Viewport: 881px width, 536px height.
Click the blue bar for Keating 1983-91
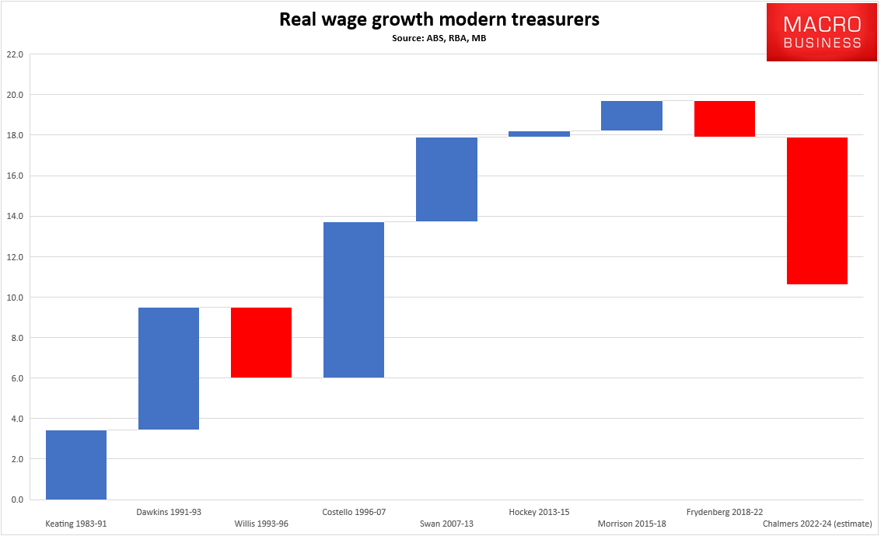[x=76, y=465]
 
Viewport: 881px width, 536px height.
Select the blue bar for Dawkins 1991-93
[x=169, y=368]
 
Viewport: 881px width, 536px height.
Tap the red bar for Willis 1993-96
[x=261, y=343]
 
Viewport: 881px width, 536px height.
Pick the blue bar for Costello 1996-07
[x=354, y=300]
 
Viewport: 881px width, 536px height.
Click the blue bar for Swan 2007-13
[x=446, y=179]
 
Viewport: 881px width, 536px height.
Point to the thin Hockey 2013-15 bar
[x=539, y=134]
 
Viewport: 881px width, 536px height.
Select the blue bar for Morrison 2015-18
[x=631, y=116]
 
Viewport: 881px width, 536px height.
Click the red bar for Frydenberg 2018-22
[x=724, y=119]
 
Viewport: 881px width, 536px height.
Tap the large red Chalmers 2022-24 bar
[x=816, y=211]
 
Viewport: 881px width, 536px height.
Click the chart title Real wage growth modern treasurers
[x=439, y=20]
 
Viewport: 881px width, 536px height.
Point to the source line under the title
[x=439, y=37]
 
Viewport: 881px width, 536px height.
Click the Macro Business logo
[x=822, y=32]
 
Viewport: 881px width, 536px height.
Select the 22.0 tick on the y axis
[x=15, y=54]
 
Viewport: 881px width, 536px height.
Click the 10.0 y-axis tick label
[x=15, y=298]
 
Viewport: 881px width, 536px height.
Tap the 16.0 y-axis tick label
[x=15, y=176]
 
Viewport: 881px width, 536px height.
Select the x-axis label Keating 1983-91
[x=76, y=524]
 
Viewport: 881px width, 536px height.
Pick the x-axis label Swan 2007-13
[x=446, y=524]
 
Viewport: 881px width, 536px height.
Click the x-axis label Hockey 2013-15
[x=539, y=512]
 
